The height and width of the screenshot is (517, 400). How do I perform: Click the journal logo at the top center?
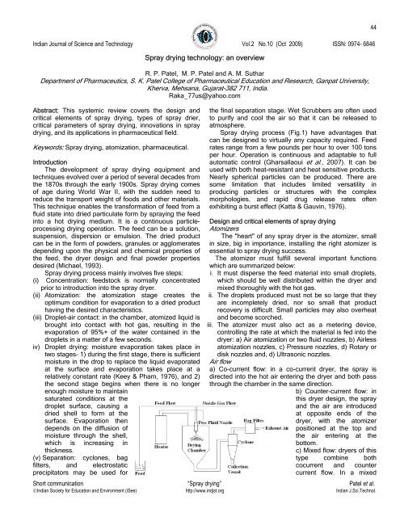coord(200,22)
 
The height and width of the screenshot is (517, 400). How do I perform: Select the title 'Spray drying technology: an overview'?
coord(200,60)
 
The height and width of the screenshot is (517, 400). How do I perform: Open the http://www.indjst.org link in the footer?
coord(200,511)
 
